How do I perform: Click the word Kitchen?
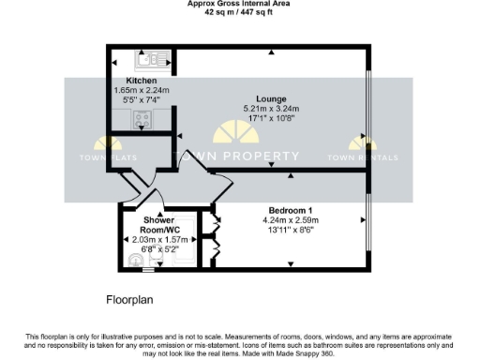pyautogui.click(x=127, y=82)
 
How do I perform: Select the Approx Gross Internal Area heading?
pyautogui.click(x=239, y=5)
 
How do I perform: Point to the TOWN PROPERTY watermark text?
pyautogui.click(x=239, y=157)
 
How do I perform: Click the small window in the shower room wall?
pyautogui.click(x=146, y=271)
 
